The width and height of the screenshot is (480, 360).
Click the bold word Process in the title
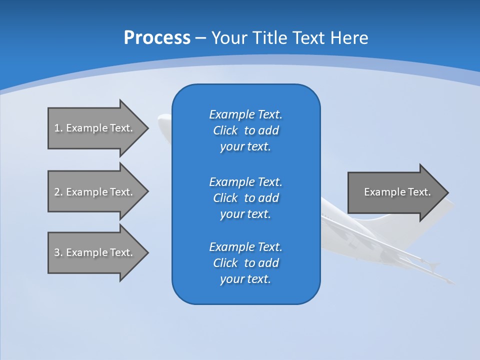157,38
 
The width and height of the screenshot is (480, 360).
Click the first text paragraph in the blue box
245,130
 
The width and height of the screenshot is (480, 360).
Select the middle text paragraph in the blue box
245,198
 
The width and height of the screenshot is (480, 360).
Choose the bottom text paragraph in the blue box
245,263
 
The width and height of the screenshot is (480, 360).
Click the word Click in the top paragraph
225,130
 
